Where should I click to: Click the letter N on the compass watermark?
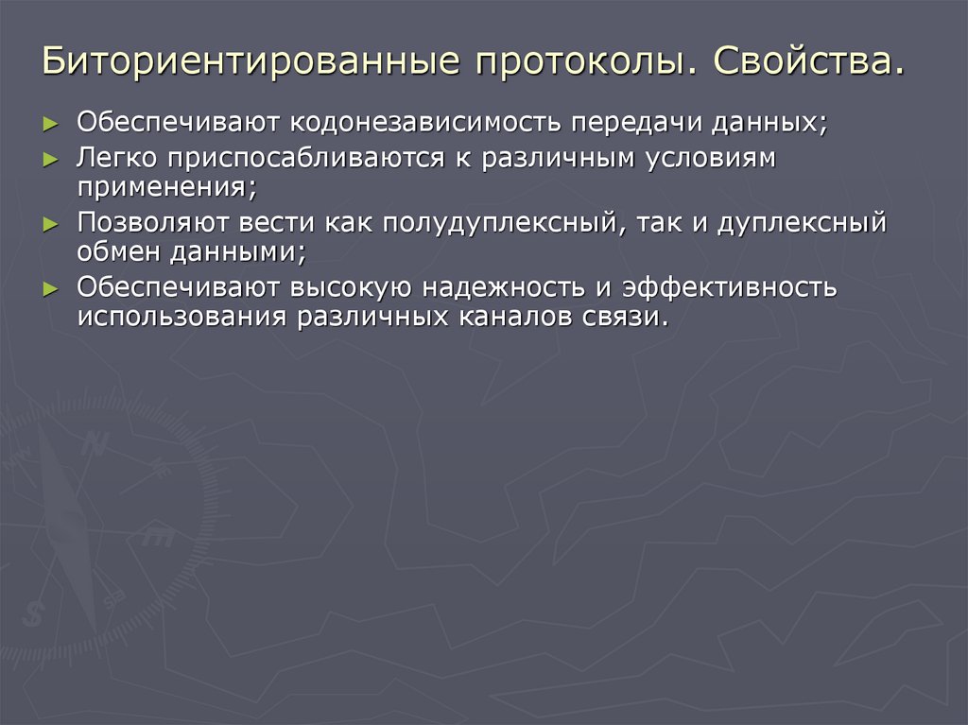click(92, 444)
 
